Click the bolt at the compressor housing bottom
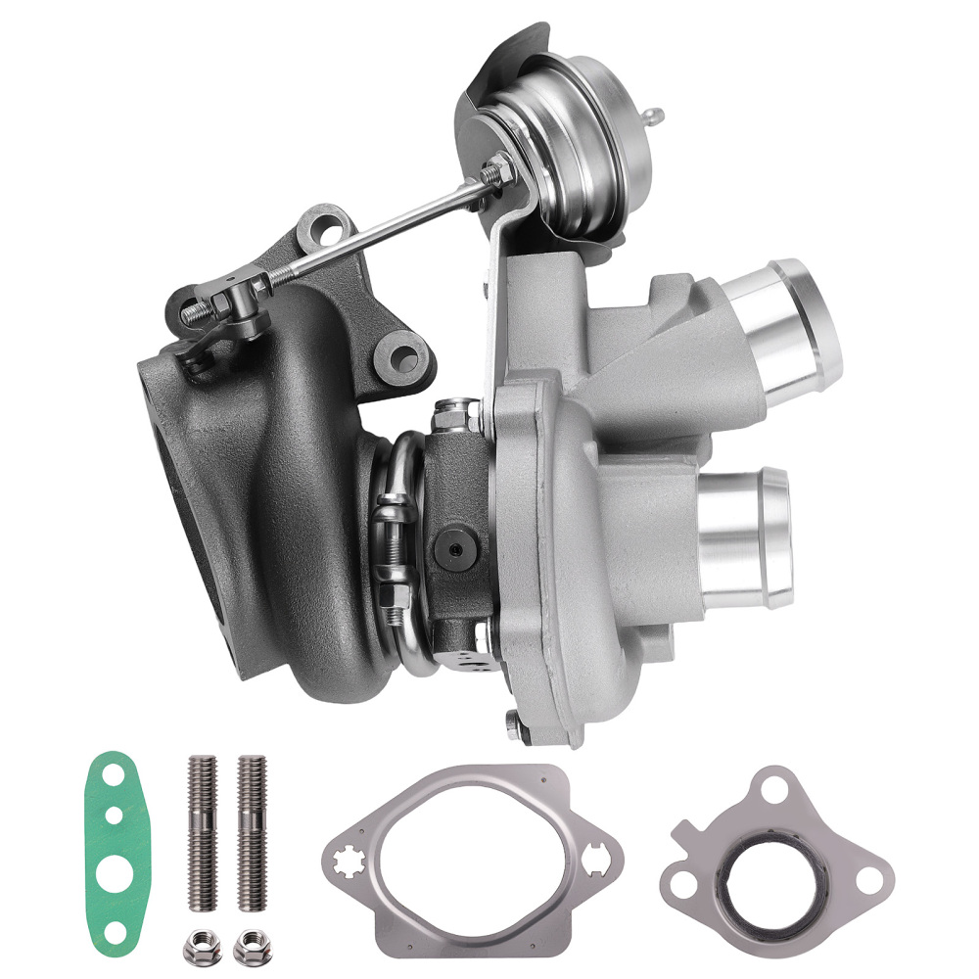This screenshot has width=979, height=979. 515,722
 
